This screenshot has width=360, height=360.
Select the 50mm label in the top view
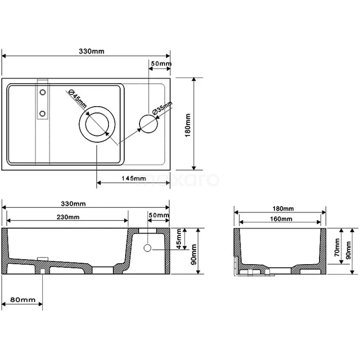click(161, 63)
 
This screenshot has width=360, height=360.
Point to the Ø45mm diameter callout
click(78, 98)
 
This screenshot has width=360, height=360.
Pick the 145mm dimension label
click(133, 178)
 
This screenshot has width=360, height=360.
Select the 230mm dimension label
click(68, 217)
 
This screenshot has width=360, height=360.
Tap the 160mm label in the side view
click(281, 219)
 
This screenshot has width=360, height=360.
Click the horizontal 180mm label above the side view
click(282, 208)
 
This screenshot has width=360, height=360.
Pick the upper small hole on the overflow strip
click(42, 93)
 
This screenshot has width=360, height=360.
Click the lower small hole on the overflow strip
click(42, 113)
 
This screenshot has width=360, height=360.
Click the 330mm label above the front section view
click(74, 204)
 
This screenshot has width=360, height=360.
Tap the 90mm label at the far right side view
click(348, 251)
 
